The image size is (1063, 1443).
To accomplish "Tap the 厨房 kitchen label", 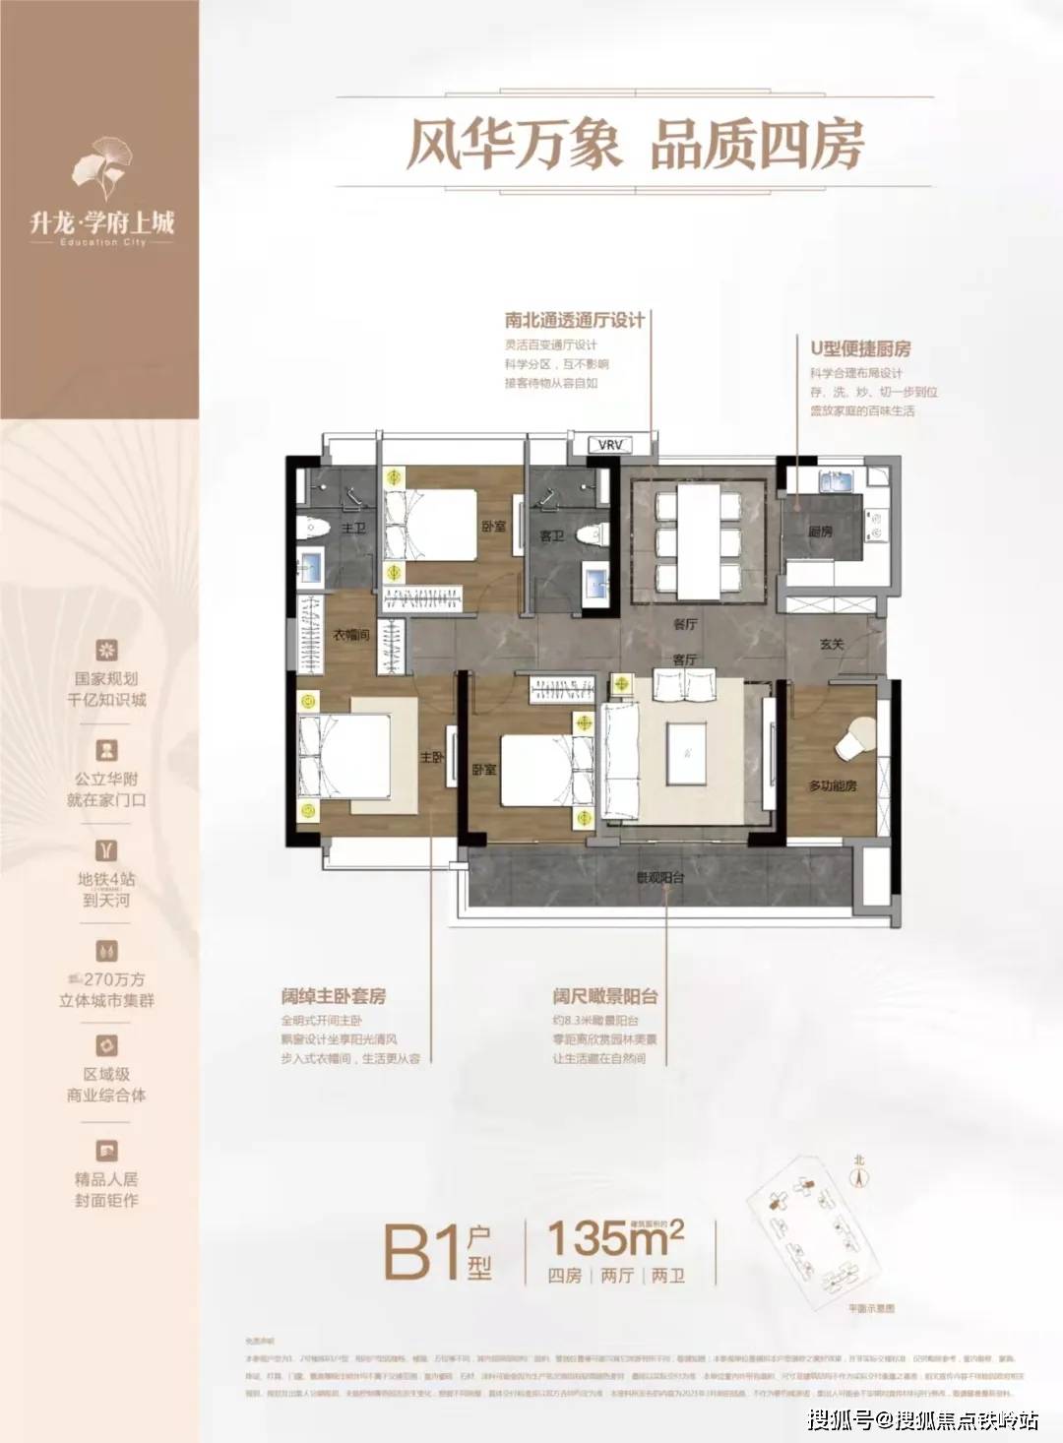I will (x=820, y=531).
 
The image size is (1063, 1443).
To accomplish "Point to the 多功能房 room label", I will (x=832, y=785).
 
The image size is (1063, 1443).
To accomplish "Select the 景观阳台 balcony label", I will (x=659, y=877).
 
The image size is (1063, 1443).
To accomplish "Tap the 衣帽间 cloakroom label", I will (x=349, y=636).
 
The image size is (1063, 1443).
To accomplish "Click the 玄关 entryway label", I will (x=832, y=645).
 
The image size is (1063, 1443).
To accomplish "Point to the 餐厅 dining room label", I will (x=685, y=623).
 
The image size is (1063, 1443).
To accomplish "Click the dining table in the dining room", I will (x=698, y=536).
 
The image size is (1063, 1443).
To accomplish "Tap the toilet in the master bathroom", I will (x=314, y=528).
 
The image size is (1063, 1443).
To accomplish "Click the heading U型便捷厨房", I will (x=860, y=348).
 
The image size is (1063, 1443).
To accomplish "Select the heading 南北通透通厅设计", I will (x=575, y=320).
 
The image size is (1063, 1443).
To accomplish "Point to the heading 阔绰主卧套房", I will (x=333, y=996).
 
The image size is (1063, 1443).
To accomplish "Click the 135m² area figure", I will (x=615, y=1237).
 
